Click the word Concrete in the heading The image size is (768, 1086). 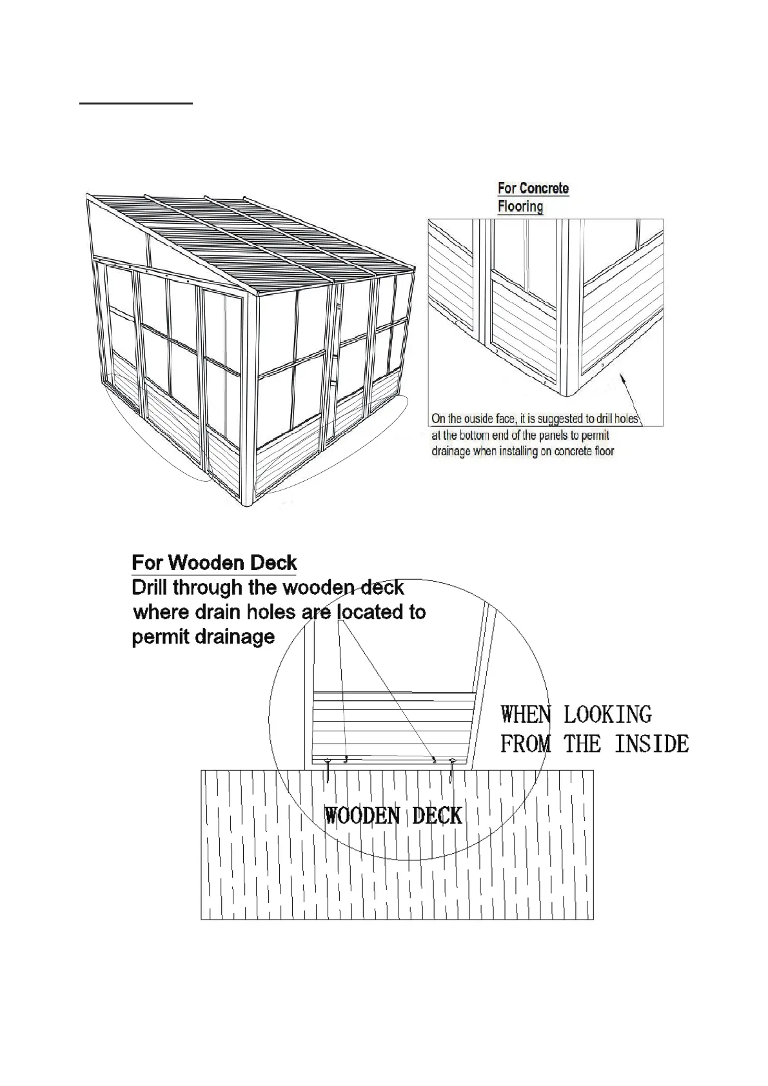tap(544, 188)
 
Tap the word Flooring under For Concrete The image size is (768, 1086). tap(520, 206)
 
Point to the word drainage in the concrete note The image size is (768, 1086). tap(451, 451)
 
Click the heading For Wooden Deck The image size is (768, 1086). tap(214, 563)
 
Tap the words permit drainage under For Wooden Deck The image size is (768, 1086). tap(203, 637)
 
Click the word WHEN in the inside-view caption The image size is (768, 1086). tap(526, 715)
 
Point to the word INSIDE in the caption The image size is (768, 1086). tap(651, 744)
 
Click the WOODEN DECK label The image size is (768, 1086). tap(393, 816)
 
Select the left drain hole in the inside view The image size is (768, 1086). tap(347, 758)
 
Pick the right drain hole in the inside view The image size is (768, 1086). tap(435, 759)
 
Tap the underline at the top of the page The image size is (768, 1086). tap(136, 103)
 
